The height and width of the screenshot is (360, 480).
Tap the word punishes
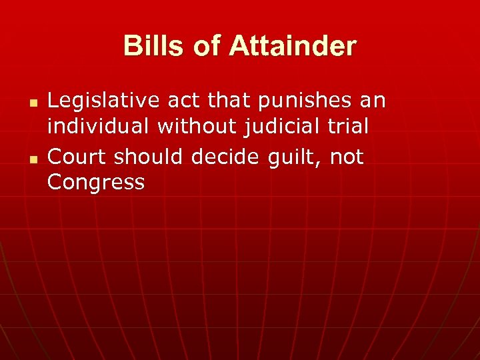tap(295, 101)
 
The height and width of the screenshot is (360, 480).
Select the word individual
tap(99, 127)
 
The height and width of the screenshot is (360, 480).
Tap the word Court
tap(77, 157)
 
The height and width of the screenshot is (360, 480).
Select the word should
tap(149, 157)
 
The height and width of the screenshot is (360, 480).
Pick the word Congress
tap(96, 182)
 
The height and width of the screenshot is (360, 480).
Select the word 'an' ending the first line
tap(372, 101)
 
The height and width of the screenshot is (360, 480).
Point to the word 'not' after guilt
tap(347, 157)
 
